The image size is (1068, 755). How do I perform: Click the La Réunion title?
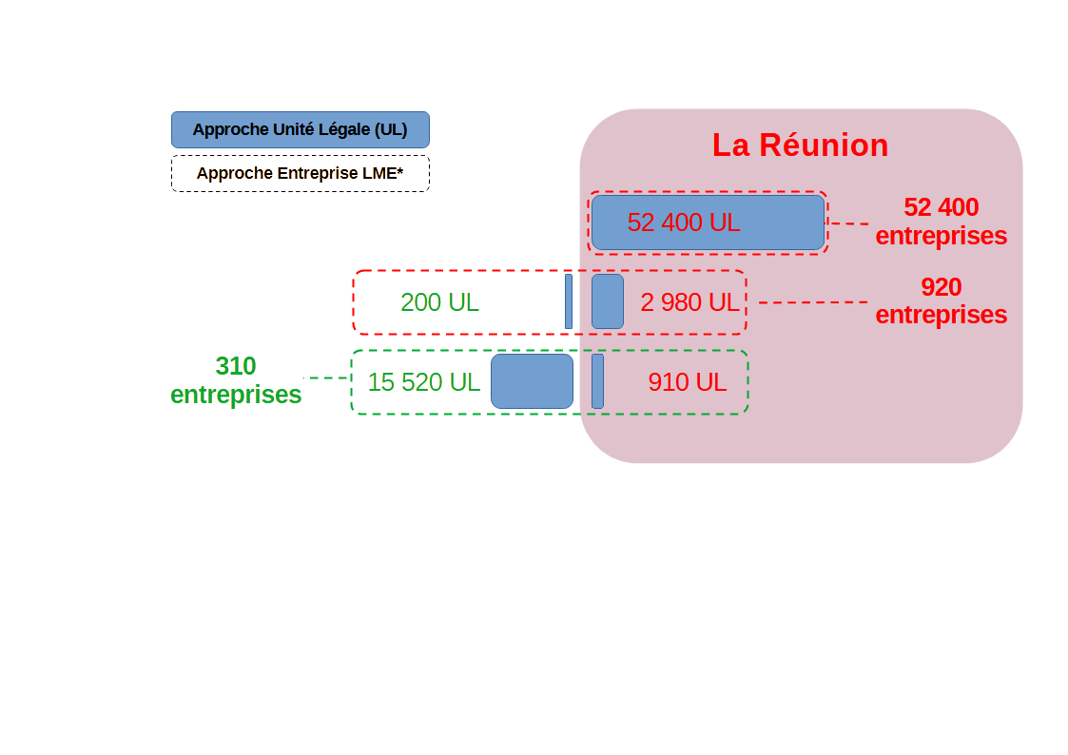pos(800,145)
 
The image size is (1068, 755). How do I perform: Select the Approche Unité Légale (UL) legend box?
pos(300,129)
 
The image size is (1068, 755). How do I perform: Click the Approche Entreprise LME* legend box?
pos(300,174)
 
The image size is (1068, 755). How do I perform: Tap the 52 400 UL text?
pos(684,223)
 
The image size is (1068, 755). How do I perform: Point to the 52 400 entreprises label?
pos(941,222)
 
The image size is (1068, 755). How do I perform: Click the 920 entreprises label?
pos(941,300)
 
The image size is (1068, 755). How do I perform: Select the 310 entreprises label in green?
pos(236,380)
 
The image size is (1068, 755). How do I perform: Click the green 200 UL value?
pos(439,302)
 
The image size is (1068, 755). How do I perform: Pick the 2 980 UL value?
pos(689,302)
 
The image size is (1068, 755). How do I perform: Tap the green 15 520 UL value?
pos(423,382)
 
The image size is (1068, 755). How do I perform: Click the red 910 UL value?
pos(687,382)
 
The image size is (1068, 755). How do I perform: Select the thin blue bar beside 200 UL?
pos(569,301)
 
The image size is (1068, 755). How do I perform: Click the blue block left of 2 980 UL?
pos(608,301)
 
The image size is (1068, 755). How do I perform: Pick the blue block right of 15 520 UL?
pos(533,381)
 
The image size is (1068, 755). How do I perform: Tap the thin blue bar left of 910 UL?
pos(597,381)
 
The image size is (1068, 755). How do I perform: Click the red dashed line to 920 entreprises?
pos(813,302)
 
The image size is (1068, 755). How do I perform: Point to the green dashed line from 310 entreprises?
pos(326,378)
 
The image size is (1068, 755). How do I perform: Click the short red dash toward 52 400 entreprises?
pos(849,223)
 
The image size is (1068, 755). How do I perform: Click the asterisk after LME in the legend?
pos(401,171)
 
